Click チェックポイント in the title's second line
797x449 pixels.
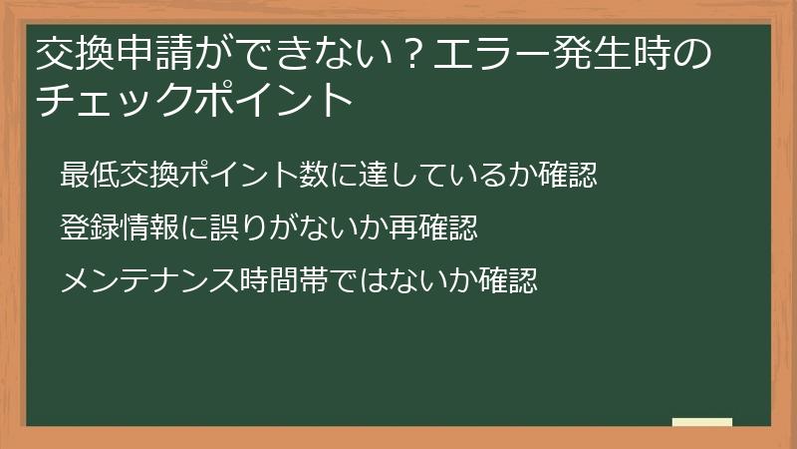(194, 101)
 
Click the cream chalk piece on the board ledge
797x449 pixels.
(701, 422)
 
